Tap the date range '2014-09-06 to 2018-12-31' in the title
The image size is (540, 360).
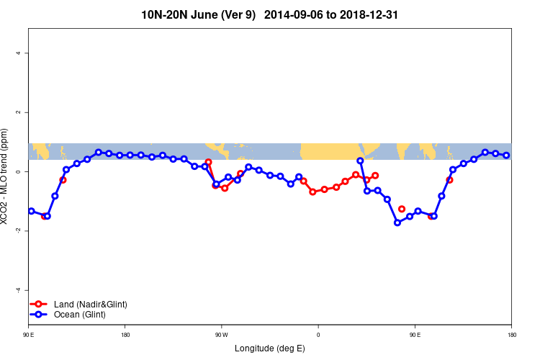click(x=332, y=14)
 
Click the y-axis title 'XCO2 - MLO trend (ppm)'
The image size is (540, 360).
click(x=6, y=176)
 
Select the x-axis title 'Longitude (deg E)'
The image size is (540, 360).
click(x=270, y=348)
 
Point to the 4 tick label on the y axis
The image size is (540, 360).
click(x=20, y=53)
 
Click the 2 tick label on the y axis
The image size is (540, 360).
click(x=20, y=112)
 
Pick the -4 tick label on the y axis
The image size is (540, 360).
click(x=19, y=290)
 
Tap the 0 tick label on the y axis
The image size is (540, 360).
click(x=20, y=172)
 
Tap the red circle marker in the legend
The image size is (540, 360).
click(x=40, y=305)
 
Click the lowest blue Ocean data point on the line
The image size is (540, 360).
click(x=397, y=222)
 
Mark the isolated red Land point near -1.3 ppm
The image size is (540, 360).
click(x=402, y=209)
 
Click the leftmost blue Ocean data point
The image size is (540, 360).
click(x=31, y=211)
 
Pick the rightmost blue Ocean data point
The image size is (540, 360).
click(x=506, y=155)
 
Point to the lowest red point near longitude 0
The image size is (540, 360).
click(x=312, y=192)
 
